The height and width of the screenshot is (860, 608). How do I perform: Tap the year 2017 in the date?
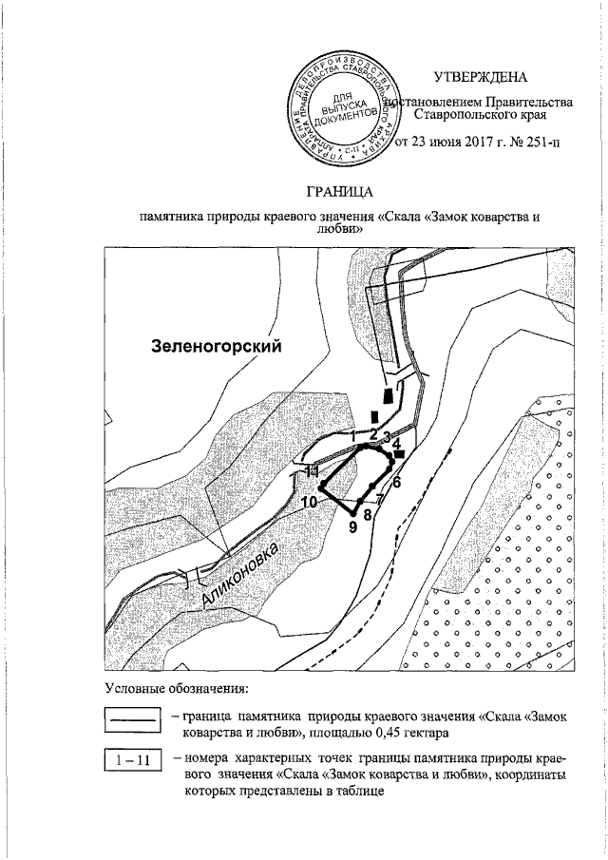468,144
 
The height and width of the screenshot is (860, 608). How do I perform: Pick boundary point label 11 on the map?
311,470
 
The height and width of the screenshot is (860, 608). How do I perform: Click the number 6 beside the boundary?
397,482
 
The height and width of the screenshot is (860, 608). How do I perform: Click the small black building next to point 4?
400,455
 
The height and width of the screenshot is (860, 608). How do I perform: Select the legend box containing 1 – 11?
132,761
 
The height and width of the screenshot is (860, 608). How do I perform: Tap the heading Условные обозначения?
176,687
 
